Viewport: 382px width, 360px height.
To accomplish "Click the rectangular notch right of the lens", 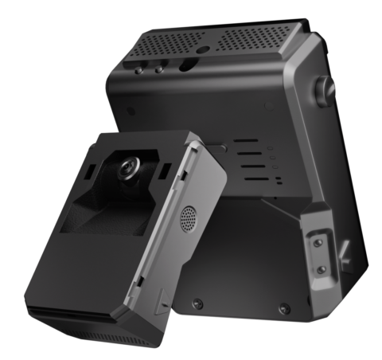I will [x=164, y=172].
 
